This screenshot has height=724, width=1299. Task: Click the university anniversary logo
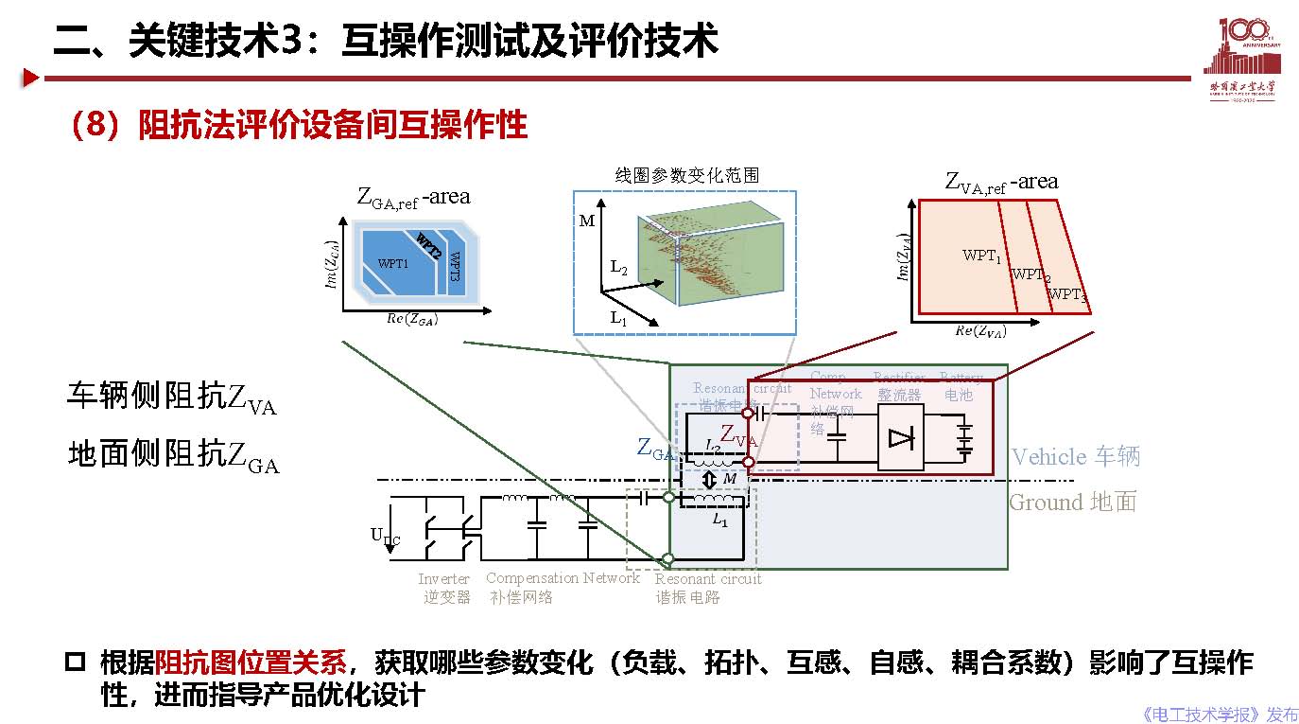1242,59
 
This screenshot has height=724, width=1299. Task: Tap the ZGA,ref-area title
413,197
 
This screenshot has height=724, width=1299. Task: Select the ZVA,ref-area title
1001,182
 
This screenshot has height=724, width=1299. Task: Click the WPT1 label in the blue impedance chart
393,263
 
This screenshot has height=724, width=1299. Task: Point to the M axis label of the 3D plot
587,221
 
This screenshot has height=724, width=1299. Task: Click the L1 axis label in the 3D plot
618,318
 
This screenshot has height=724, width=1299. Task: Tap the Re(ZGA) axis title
412,319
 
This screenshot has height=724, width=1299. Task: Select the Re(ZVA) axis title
980,330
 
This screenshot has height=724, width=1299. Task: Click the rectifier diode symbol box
901,437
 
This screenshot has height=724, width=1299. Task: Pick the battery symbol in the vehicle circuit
963,440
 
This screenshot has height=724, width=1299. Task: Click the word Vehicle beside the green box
1048,457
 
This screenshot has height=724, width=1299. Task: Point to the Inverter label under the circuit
443,578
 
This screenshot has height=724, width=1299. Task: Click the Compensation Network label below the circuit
563,578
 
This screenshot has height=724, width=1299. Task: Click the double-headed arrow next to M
712,479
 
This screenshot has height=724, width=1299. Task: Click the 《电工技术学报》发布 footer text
1220,714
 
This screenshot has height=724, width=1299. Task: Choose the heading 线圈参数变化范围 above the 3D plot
686,175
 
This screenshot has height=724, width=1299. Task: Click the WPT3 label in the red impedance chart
1066,294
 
